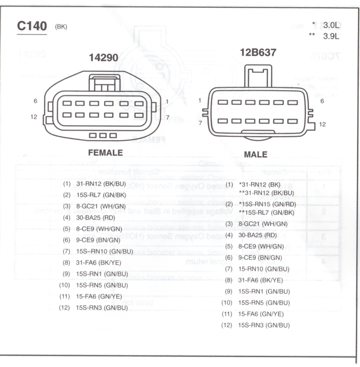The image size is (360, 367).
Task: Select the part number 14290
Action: coord(103,57)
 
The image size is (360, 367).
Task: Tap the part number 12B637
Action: coord(258,52)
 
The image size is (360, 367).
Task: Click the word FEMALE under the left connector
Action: coord(105,153)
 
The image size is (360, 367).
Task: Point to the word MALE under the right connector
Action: coord(255,155)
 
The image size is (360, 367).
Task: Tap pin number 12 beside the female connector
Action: coord(33,117)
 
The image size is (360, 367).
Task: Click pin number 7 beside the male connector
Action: coord(200,123)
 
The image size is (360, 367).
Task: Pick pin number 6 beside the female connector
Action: coord(35,100)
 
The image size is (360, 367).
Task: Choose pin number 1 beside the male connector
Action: coord(200,100)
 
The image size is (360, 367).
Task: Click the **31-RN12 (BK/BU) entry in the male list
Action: coord(266,193)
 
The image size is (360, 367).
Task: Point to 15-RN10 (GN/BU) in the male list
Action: coord(263,269)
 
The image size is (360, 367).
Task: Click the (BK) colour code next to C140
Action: coord(61,27)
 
